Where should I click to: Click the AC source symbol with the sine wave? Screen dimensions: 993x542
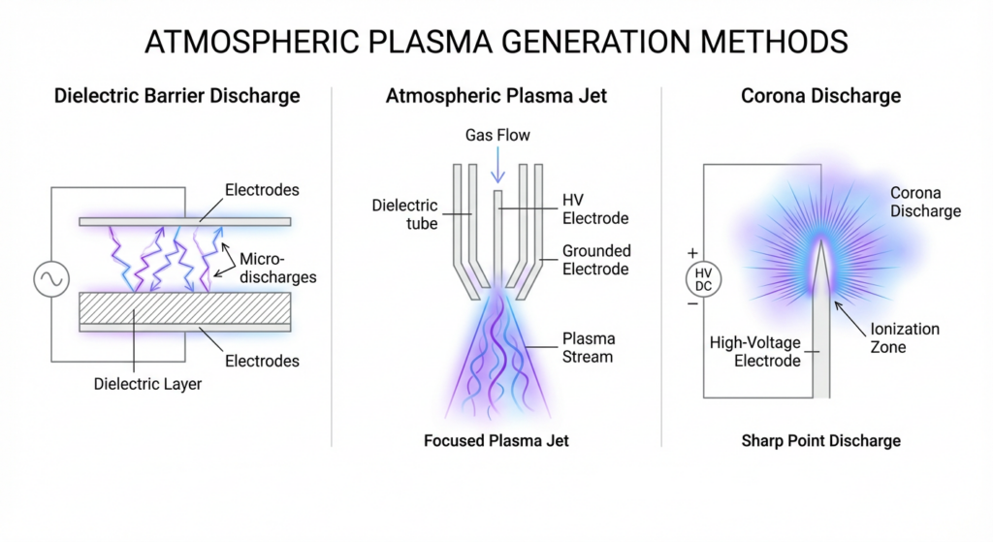pyautogui.click(x=51, y=279)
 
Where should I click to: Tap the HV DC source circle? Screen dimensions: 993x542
pyautogui.click(x=704, y=279)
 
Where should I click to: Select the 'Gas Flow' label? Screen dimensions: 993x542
pyautogui.click(x=497, y=135)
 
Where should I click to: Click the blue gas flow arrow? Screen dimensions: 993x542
pyautogui.click(x=497, y=165)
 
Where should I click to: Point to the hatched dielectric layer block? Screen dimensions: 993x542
pyautogui.click(x=185, y=307)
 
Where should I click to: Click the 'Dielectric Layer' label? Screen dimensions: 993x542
pyautogui.click(x=147, y=384)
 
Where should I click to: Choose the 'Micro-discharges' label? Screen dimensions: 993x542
pyautogui.click(x=277, y=268)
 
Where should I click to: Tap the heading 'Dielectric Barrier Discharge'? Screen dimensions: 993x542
pyautogui.click(x=176, y=96)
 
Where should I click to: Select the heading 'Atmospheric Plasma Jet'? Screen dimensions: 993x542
pyautogui.click(x=496, y=96)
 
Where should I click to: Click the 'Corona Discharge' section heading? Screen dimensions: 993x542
pyautogui.click(x=820, y=96)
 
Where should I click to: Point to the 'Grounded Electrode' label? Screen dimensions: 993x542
pyautogui.click(x=596, y=260)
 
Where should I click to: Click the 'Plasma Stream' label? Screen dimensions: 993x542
pyautogui.click(x=589, y=348)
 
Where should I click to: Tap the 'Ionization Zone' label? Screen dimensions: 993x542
pyautogui.click(x=905, y=337)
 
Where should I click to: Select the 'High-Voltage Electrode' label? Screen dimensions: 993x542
pyautogui.click(x=754, y=351)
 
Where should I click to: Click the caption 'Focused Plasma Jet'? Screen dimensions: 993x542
pyautogui.click(x=496, y=441)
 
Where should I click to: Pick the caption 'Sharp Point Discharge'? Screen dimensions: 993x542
pyautogui.click(x=820, y=441)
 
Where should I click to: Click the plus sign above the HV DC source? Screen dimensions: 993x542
pyautogui.click(x=692, y=253)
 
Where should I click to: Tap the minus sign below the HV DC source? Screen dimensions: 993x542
pyautogui.click(x=692, y=303)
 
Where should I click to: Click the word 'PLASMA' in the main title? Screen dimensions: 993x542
pyautogui.click(x=430, y=42)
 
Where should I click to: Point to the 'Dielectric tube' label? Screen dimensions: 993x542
pyautogui.click(x=404, y=214)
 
